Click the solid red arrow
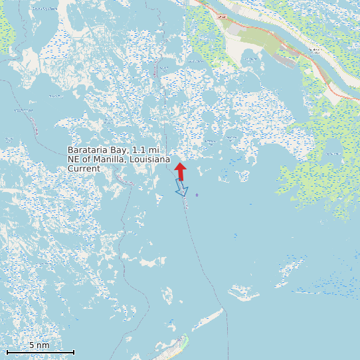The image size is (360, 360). pos(181,171)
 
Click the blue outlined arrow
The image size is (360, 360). pos(181,188)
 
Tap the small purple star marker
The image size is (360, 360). pos(197,195)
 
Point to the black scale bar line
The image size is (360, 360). pos(40,352)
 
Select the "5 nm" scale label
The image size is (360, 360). pos(39,345)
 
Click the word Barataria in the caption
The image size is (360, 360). pos(89,151)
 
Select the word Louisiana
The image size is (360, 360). pos(147,160)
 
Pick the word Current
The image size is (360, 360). pos(84,169)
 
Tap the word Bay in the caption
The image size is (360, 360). pos(121,151)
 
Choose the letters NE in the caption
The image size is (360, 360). pos(74,160)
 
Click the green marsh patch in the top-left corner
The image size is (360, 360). pos(5,30)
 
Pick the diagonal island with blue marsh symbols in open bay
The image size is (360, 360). pos(290,270)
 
